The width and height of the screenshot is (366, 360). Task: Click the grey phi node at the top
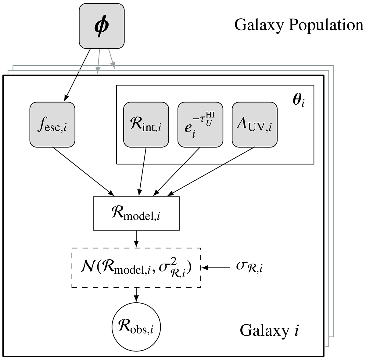pos(102,27)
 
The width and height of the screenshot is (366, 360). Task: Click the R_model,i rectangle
pos(136,213)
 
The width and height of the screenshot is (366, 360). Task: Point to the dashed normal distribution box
pos(136,267)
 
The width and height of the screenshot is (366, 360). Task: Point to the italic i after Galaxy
pos(296,330)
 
